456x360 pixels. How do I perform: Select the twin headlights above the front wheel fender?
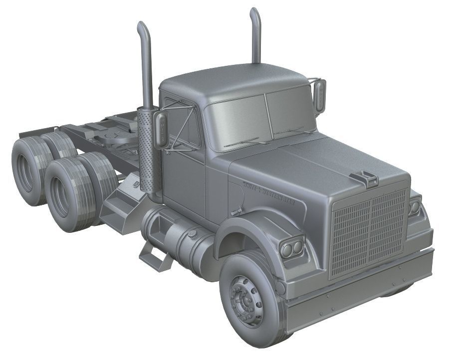(x=292, y=247)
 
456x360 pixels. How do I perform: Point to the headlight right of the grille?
(x=414, y=206)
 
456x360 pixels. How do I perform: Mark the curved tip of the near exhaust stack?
(x=142, y=27)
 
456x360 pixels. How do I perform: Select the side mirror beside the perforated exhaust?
(x=162, y=130)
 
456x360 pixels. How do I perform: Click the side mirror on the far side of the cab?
(x=320, y=95)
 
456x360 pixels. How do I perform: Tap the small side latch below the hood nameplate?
(x=236, y=212)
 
